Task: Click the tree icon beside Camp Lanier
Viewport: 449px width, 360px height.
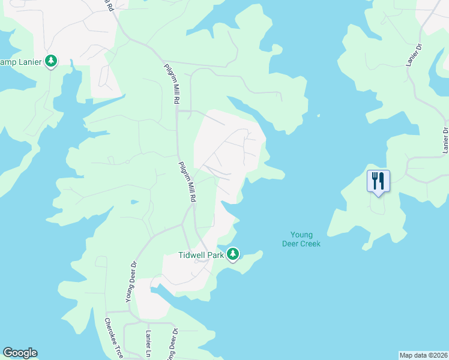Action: click(52, 61)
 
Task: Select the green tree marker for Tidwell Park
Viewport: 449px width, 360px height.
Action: click(233, 254)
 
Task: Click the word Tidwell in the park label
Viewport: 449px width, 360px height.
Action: click(193, 255)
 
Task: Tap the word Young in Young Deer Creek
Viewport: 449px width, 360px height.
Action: click(302, 235)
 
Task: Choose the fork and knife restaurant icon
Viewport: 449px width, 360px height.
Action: click(378, 180)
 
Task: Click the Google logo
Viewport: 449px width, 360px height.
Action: click(20, 353)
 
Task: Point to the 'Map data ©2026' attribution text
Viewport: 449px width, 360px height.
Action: click(423, 355)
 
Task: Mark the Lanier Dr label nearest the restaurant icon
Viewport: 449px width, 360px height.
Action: click(445, 139)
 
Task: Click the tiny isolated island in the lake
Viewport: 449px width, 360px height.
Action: click(318, 116)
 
